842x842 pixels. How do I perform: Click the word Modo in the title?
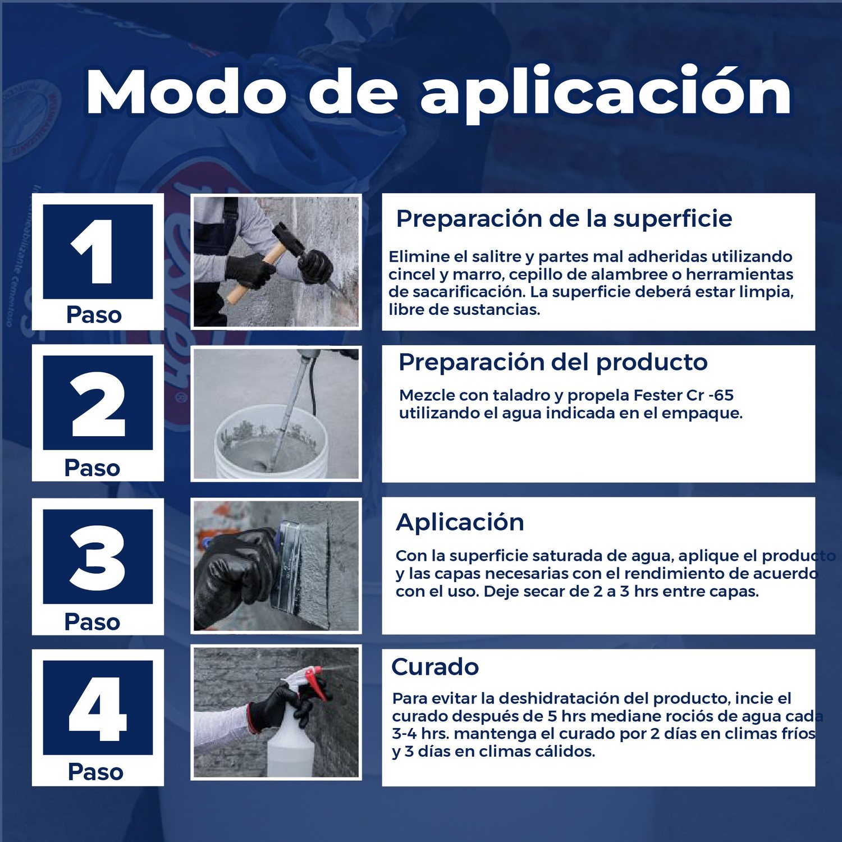click(x=186, y=92)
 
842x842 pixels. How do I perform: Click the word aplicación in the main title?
click(x=606, y=93)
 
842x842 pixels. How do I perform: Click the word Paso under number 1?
click(x=94, y=315)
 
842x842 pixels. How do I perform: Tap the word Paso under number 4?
click(x=95, y=772)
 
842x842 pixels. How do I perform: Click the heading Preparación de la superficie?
click(x=564, y=219)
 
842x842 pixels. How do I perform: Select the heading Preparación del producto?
click(x=553, y=363)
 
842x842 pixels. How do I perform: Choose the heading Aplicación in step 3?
click(x=460, y=523)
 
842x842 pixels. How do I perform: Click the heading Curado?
click(x=435, y=667)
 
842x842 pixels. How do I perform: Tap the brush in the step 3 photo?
click(x=303, y=567)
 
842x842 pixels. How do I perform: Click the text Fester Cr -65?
click(x=683, y=395)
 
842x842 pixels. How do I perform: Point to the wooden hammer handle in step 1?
click(x=255, y=275)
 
